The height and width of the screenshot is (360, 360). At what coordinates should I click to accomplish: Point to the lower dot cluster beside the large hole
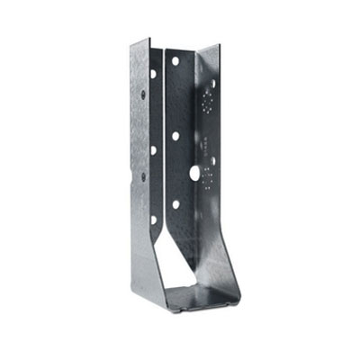tap(209, 176)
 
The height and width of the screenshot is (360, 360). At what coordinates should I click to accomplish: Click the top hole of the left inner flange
tap(153, 74)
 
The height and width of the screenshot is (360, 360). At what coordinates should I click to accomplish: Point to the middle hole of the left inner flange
tap(153, 149)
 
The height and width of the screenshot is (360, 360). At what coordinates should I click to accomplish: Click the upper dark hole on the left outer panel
tap(141, 91)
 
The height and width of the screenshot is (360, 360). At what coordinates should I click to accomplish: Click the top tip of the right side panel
tap(219, 44)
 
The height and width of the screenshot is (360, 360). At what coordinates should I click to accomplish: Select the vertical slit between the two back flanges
tap(163, 135)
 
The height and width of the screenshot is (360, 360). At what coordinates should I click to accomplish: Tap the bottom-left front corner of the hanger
tap(134, 289)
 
